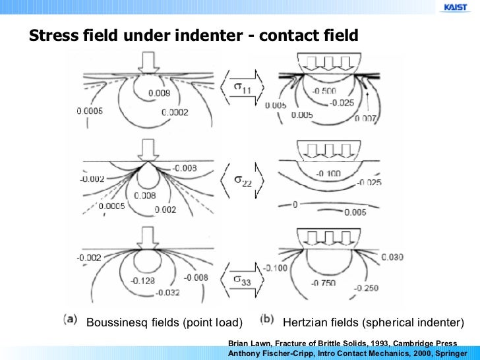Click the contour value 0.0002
pos(175,113)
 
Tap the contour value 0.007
pos(367,118)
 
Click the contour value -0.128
pos(141,281)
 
